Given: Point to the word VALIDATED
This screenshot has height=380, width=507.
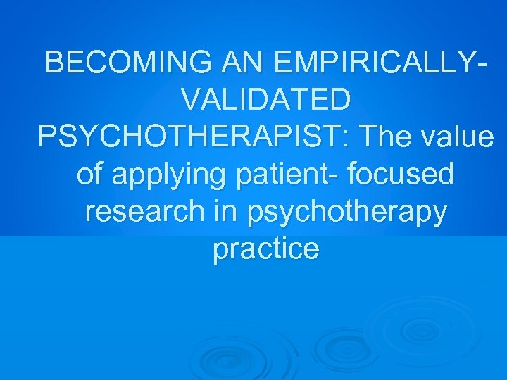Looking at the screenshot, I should point(265,100).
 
